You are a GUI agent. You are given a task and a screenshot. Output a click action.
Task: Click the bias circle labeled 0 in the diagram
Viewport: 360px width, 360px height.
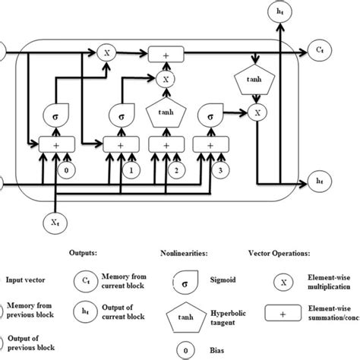(70, 171)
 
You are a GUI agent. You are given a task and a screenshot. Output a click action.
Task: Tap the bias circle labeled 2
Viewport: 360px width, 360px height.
(176, 171)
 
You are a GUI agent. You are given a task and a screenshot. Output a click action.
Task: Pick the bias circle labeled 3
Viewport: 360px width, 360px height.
(219, 171)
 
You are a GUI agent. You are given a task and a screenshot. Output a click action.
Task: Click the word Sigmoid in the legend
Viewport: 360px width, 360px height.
(204, 279)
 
